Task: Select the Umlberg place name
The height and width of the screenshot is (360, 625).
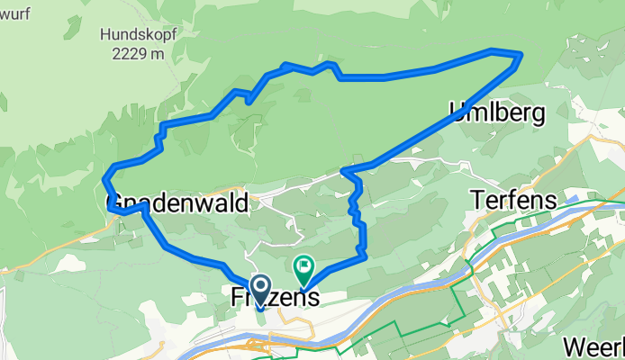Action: click(x=496, y=113)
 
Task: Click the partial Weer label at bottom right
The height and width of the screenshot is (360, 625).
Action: click(x=593, y=347)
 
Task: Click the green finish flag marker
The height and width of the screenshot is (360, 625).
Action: click(x=303, y=267)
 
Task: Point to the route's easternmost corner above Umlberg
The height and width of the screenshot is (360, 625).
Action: click(x=521, y=57)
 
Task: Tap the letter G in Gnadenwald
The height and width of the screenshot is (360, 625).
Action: click(x=115, y=203)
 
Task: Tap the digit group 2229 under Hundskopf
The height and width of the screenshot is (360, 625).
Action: click(x=126, y=54)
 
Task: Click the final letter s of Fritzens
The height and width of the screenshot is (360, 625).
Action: click(x=312, y=297)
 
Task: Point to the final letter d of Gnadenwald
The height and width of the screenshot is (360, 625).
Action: click(x=241, y=203)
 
